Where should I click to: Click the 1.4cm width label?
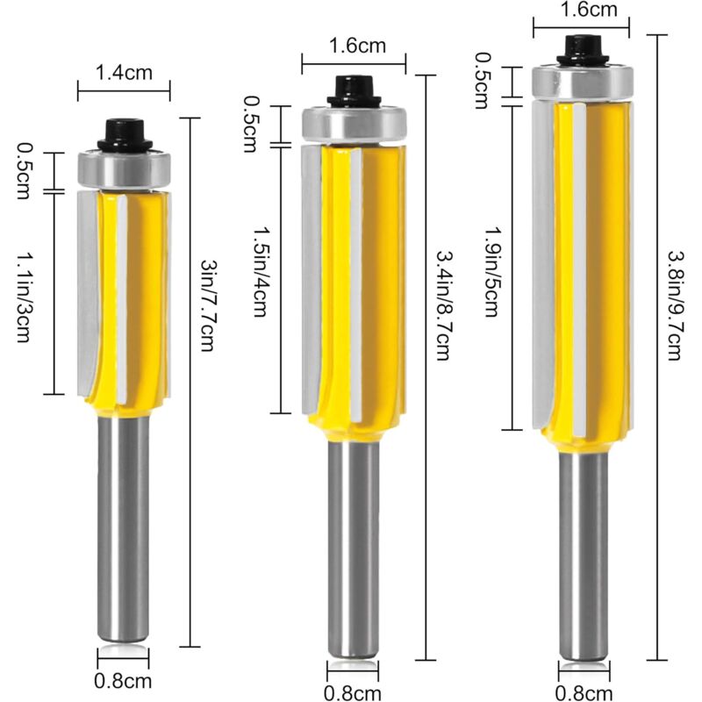[x=124, y=74]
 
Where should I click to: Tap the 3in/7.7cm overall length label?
[x=208, y=305]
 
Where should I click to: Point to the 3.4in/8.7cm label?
[x=442, y=306]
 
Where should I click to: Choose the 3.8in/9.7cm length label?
[x=675, y=306]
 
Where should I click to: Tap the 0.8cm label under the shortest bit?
[x=124, y=680]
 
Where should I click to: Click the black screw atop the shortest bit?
[x=125, y=134]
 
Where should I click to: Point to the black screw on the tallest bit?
[x=582, y=49]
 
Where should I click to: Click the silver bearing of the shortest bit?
[x=124, y=168]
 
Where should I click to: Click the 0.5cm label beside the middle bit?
[x=254, y=125]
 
